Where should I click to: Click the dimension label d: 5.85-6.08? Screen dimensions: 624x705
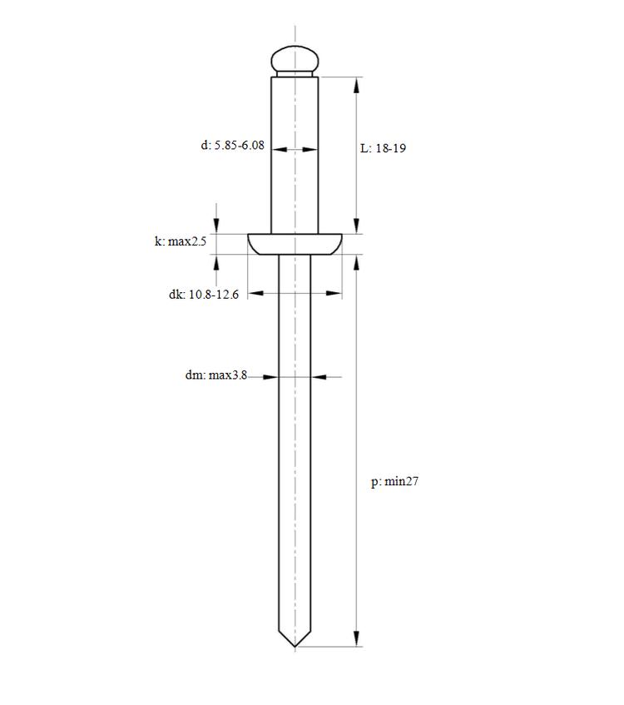(x=232, y=145)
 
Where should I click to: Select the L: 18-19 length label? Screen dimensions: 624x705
(x=383, y=148)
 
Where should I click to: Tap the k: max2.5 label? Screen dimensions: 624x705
(x=181, y=241)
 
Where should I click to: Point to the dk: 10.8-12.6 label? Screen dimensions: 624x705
(x=204, y=295)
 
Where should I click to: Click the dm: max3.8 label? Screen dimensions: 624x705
(x=215, y=375)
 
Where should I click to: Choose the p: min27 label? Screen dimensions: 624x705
(x=394, y=482)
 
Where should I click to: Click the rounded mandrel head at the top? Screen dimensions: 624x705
(x=295, y=58)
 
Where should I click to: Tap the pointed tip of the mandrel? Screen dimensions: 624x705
(x=295, y=647)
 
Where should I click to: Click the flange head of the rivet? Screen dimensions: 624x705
(x=295, y=244)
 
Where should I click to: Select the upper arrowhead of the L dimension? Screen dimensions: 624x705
(x=356, y=85)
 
